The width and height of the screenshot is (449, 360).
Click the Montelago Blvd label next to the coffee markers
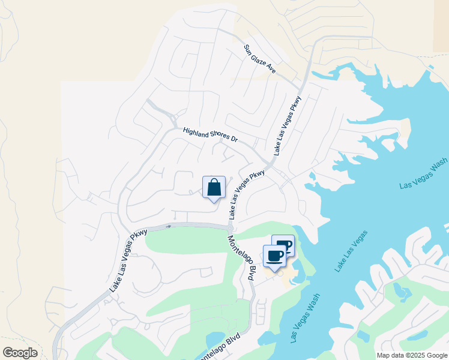(241, 258)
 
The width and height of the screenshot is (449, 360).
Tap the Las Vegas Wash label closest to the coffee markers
(305, 318)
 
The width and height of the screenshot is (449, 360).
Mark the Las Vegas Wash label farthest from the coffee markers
(424, 173)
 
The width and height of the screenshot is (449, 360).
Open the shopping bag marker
(214, 188)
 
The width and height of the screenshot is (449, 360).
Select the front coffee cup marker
(274, 256)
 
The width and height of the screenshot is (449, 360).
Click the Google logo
(20, 353)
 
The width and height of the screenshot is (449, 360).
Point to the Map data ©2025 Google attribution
(412, 355)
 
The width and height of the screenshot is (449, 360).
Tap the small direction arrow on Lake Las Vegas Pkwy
(169, 226)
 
